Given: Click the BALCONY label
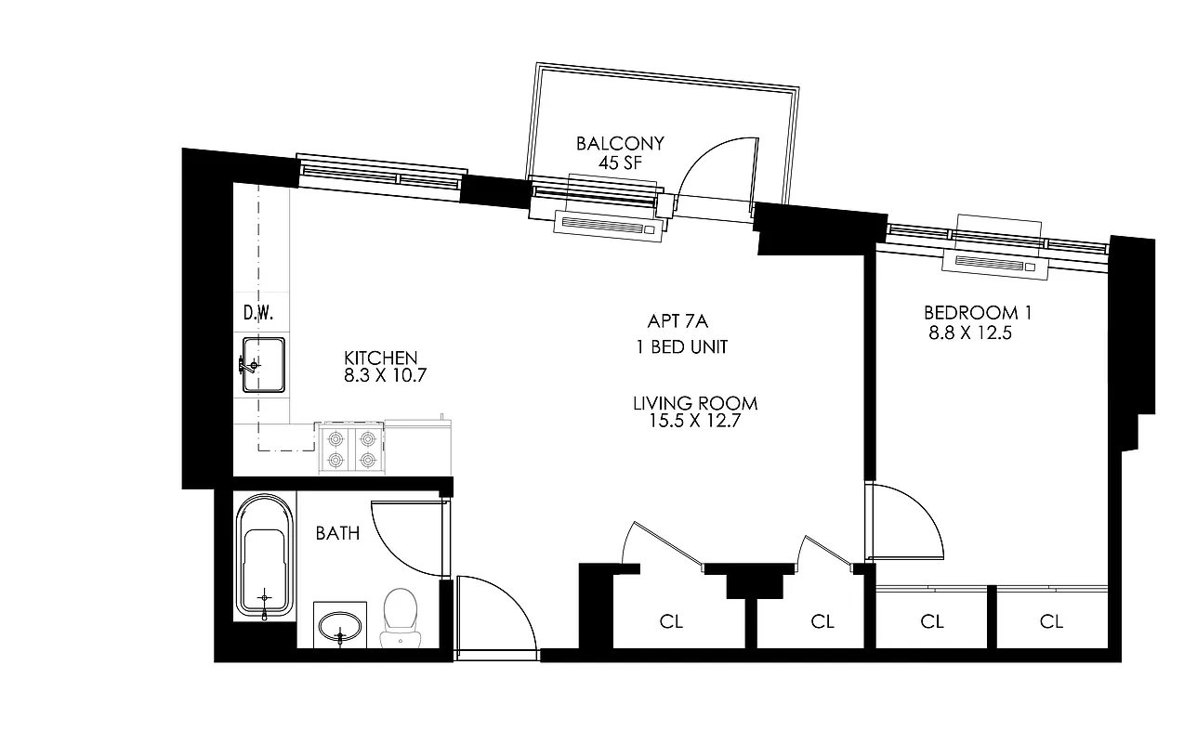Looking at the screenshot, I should tap(620, 144).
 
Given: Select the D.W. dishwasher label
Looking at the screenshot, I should tap(257, 313).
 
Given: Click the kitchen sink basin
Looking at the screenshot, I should tap(263, 365).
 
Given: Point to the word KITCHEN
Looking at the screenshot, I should tap(380, 358).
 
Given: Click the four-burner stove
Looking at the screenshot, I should tap(349, 449).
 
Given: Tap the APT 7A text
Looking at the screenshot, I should tap(677, 321).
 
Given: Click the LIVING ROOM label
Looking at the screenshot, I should tap(695, 403).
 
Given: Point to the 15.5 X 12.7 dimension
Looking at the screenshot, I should tap(695, 421).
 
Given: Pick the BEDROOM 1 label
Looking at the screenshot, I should tap(977, 313).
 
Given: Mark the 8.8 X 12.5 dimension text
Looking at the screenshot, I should tap(968, 332).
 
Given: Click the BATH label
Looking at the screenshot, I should tap(337, 533).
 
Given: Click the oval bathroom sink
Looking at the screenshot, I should tap(340, 627).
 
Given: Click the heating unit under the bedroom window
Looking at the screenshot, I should tap(996, 264).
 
